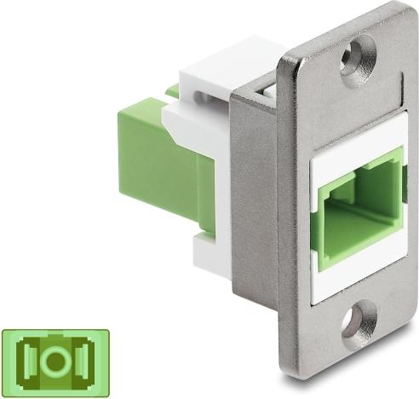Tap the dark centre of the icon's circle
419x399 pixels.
56,360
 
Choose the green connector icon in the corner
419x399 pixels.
56,360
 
